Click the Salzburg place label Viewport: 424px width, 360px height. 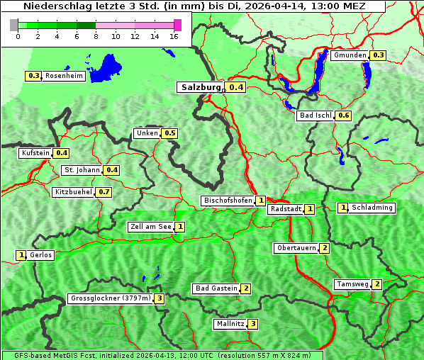pos(200,87)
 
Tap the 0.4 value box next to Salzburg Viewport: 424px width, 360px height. pos(236,87)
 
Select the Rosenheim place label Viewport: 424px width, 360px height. pos(64,76)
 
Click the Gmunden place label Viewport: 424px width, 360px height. pos(350,55)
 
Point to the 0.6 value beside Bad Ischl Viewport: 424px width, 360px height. pos(344,116)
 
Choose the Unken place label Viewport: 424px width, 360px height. pos(147,133)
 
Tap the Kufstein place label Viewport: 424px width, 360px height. pos(35,153)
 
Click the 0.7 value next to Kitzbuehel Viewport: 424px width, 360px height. pos(104,192)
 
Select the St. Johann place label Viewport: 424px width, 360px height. pos(82,170)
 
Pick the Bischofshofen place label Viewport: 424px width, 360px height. pos(228,201)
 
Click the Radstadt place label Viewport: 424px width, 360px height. pos(285,209)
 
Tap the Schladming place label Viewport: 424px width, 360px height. pos(372,208)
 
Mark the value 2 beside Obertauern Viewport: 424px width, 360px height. pos(324,248)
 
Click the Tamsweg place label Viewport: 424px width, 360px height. pos(352,284)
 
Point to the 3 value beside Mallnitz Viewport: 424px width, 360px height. pos(252,324)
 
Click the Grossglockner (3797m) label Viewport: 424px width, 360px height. pos(111,298)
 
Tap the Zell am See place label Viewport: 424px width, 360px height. pos(150,227)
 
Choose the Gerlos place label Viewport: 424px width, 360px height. pos(41,255)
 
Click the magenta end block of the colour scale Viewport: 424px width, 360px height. pos(177,25)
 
